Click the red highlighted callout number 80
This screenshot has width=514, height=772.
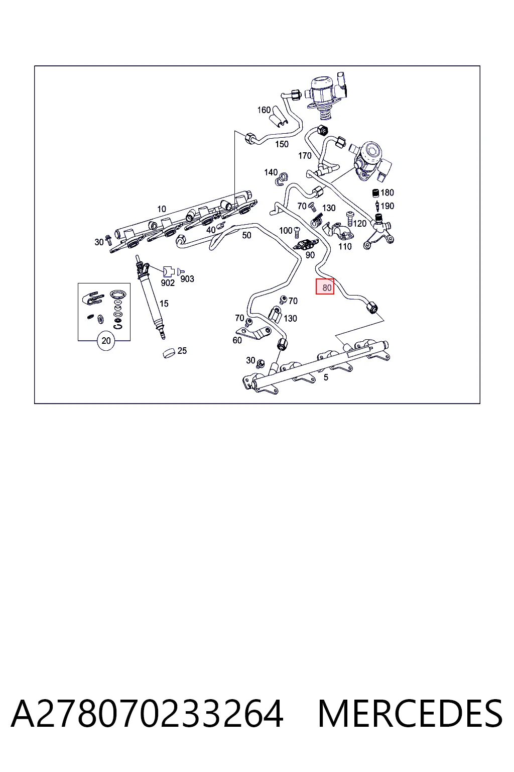[x=325, y=287]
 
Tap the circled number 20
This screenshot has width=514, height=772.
[x=106, y=340]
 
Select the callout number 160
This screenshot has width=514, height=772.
[x=264, y=110]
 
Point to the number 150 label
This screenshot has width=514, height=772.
[x=282, y=144]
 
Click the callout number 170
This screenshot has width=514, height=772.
[x=305, y=156]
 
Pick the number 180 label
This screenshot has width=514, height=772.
[x=388, y=192]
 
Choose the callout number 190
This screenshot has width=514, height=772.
[x=388, y=206]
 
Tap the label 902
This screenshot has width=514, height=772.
[x=168, y=283]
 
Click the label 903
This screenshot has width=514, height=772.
[x=187, y=279]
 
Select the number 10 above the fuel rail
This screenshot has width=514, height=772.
[x=162, y=209]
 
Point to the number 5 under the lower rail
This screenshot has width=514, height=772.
[x=326, y=377]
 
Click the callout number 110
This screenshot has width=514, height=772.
[x=345, y=246]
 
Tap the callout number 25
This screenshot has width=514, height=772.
[x=182, y=351]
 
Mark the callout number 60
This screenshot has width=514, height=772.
[x=237, y=340]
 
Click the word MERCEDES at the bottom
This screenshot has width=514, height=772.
[x=410, y=714]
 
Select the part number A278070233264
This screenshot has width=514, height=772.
[x=148, y=714]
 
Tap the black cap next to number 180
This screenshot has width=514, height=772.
[x=376, y=192]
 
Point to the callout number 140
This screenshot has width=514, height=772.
[x=271, y=172]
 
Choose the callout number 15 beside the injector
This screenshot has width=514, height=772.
[x=164, y=304]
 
